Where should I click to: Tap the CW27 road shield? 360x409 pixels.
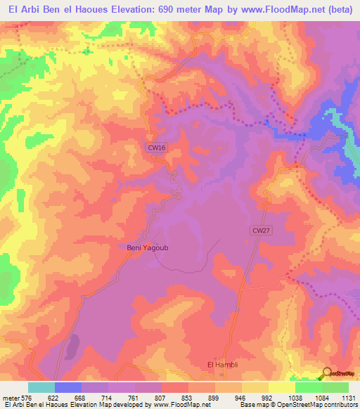tap(260, 231)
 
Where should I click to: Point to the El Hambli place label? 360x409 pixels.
tap(220, 364)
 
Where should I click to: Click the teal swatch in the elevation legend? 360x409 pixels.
tap(41, 387)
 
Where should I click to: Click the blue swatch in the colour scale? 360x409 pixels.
tap(68, 387)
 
